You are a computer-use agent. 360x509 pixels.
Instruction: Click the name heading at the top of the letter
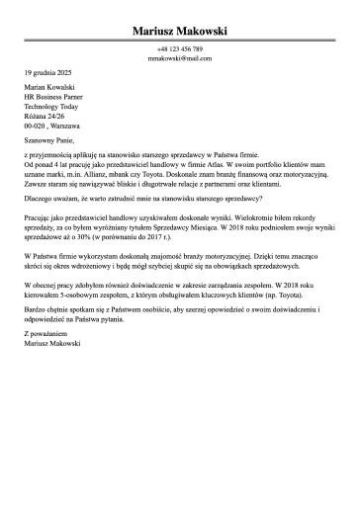[180, 31]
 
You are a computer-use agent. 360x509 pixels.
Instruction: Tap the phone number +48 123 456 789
[180, 48]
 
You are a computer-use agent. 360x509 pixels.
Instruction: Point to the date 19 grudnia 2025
[47, 73]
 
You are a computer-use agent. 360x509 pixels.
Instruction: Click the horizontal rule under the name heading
[180, 41]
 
